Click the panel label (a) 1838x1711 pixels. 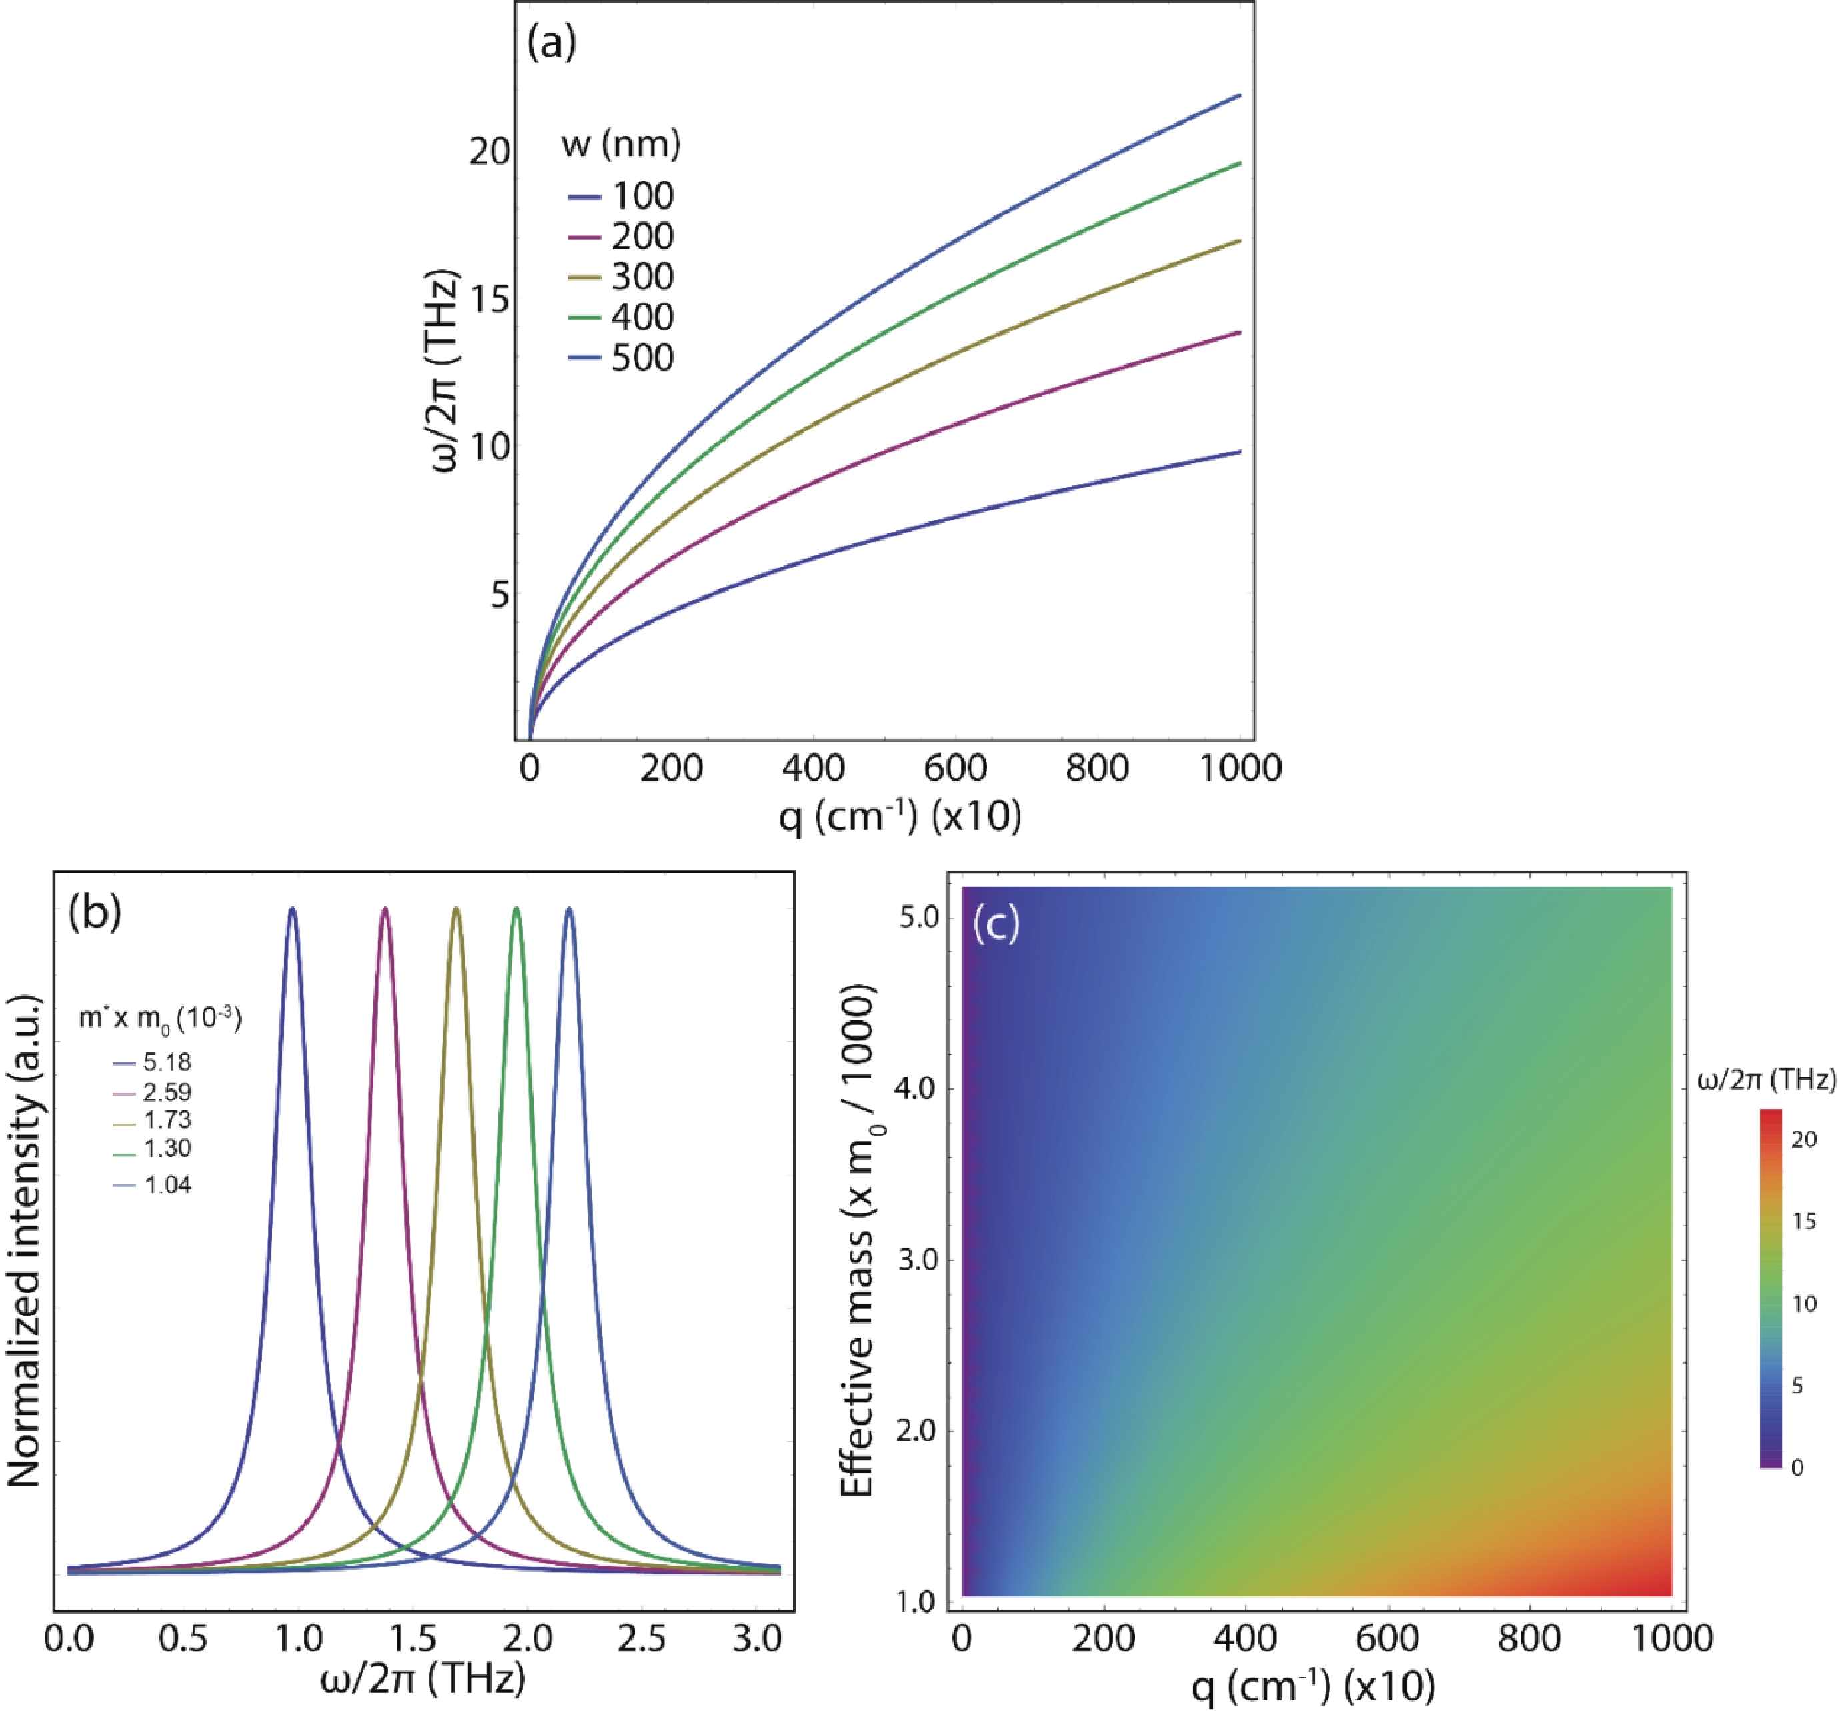click(551, 43)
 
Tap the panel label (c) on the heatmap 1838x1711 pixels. click(995, 924)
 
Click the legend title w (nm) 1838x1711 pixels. click(620, 143)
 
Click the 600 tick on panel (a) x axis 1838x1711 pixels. click(955, 768)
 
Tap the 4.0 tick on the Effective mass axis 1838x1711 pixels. click(916, 1088)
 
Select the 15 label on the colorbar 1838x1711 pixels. click(1804, 1221)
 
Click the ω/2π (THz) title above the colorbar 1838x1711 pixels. click(1766, 1079)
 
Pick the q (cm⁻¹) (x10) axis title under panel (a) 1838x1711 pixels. click(900, 816)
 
